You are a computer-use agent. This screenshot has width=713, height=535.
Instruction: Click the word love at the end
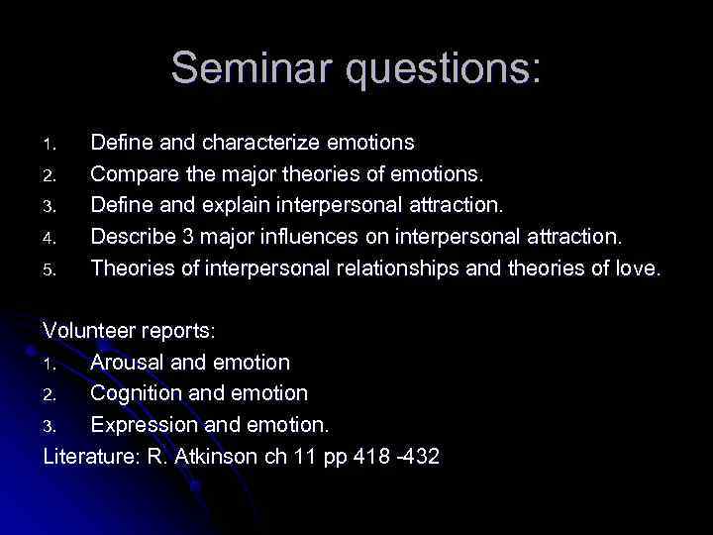636,267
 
